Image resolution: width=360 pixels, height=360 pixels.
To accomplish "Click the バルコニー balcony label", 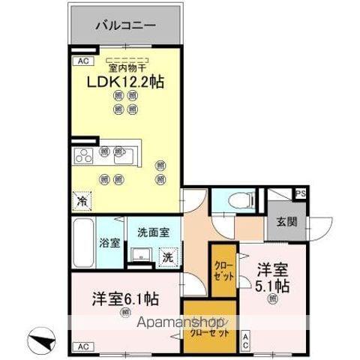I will coord(125,26).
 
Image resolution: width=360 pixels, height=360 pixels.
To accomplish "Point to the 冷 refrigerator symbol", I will coord(82,201).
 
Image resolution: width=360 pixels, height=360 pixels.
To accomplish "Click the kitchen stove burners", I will coord(82,157).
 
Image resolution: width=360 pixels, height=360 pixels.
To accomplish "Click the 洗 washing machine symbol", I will coord(169,256).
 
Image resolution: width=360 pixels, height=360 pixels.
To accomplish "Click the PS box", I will coord(301,193).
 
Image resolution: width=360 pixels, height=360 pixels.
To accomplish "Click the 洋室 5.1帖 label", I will coord(274,277).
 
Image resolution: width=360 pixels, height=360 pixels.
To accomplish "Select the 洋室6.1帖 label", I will coord(126,296).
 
